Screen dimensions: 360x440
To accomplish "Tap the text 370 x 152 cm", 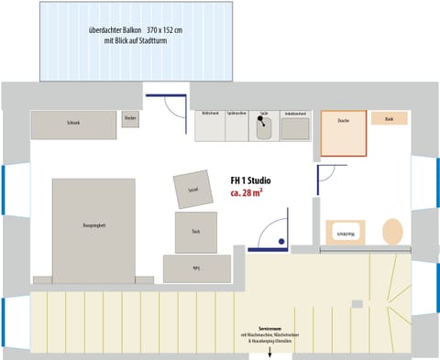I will (164, 30).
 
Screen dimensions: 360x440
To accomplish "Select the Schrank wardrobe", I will (73, 124).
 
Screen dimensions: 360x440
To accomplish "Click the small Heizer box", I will (130, 120).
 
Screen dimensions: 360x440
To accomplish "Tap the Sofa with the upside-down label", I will (196, 267).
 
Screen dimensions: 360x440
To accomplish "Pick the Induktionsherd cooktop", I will (294, 126).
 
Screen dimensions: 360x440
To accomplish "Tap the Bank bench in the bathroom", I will (390, 118).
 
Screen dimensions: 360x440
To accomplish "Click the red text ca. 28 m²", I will (249, 196).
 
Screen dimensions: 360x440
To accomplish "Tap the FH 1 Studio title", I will (251, 181).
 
